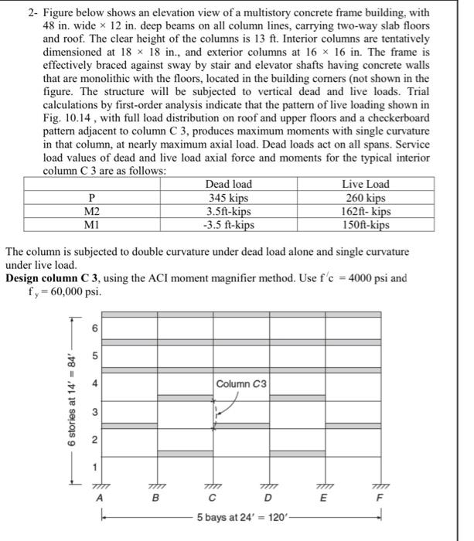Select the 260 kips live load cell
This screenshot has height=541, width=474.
pyautogui.click(x=365, y=197)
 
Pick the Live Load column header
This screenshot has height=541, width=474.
pyautogui.click(x=365, y=184)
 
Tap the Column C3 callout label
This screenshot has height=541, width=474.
pyautogui.click(x=241, y=383)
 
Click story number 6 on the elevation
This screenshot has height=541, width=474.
pyautogui.click(x=97, y=328)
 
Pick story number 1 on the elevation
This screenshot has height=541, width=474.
pyautogui.click(x=97, y=466)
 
